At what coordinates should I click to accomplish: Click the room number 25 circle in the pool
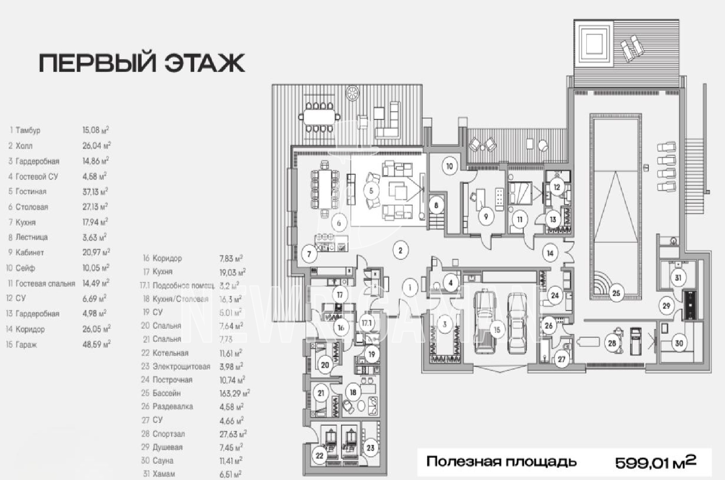tap(616, 293)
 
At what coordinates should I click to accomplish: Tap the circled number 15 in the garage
tap(497, 329)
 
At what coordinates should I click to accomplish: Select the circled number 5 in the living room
tap(371, 190)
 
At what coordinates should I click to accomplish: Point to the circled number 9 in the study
tap(486, 216)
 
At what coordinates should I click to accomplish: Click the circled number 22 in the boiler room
tap(319, 456)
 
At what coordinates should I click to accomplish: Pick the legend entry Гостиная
tap(31, 192)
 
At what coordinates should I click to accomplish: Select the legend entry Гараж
tap(26, 345)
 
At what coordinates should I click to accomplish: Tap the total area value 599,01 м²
tap(655, 462)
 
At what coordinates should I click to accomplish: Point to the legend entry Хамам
tap(164, 474)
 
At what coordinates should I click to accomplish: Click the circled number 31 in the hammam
tap(678, 278)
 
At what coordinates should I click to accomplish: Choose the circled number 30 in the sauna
tap(679, 343)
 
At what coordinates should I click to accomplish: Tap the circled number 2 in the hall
tap(400, 250)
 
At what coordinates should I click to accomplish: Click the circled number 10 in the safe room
tap(449, 166)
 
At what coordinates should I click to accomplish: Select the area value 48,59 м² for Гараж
tap(96, 345)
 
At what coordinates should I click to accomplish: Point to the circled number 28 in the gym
tap(612, 343)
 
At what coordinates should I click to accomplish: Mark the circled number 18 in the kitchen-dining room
tap(353, 392)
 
